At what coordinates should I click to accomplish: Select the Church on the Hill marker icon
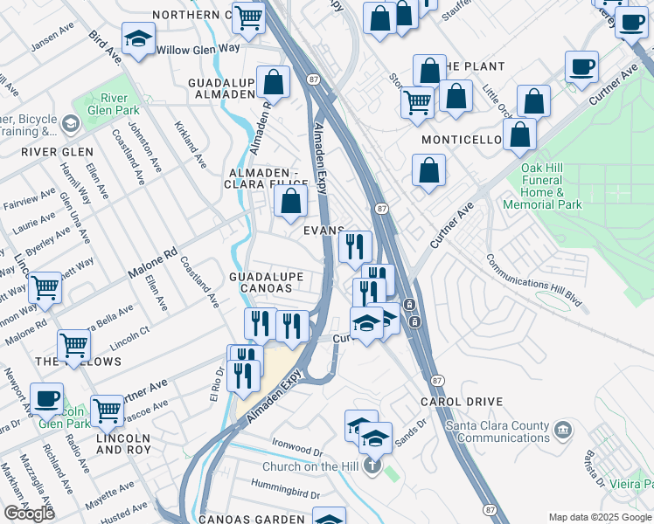pyautogui.click(x=372, y=466)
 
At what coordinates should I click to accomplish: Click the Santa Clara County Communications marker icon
pyautogui.click(x=562, y=429)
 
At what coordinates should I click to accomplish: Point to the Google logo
pyautogui.click(x=29, y=513)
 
